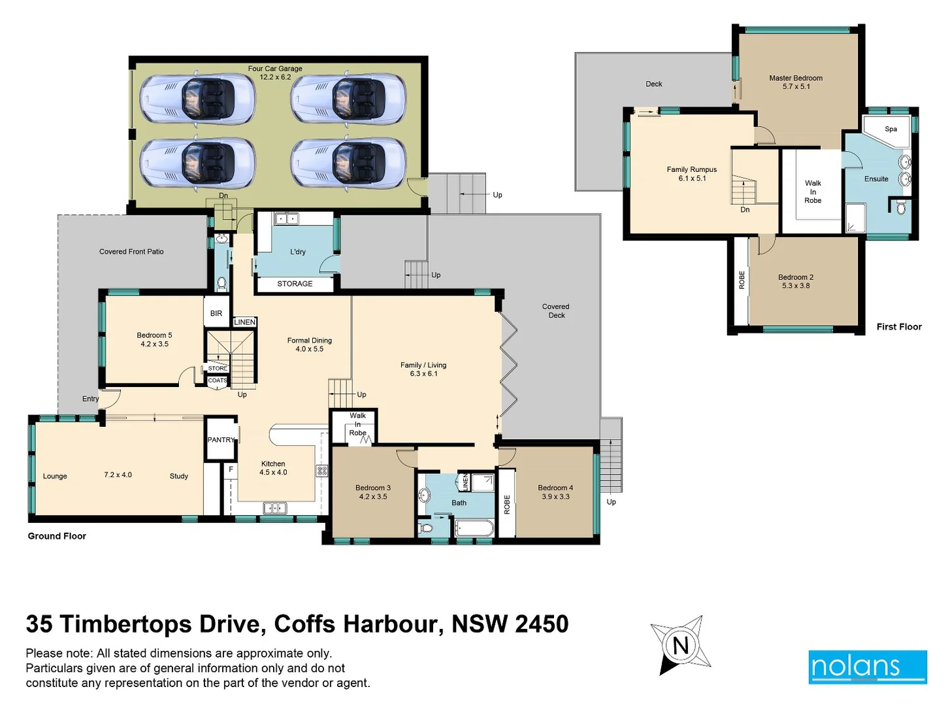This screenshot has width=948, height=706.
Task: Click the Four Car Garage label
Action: (275, 69)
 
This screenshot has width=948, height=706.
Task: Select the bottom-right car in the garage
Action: (348, 163)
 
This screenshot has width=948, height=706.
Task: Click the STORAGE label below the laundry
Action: (295, 284)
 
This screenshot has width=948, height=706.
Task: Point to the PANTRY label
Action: (221, 440)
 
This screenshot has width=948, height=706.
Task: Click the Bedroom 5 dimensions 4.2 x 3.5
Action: (154, 344)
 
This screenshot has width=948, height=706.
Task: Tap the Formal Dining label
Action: (309, 341)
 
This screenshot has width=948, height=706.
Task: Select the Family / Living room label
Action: (423, 365)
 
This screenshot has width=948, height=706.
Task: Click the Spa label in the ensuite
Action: (891, 129)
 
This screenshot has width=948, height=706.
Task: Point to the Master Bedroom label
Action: (795, 78)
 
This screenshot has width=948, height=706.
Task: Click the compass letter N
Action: (681, 646)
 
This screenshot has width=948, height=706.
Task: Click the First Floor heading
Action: (898, 327)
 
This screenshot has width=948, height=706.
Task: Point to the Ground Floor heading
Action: (57, 536)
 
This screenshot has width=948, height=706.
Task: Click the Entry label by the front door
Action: (90, 399)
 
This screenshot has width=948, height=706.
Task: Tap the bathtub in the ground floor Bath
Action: (474, 527)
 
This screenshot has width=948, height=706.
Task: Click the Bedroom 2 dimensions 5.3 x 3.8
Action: (795, 286)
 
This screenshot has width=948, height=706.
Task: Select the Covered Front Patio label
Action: (131, 252)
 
